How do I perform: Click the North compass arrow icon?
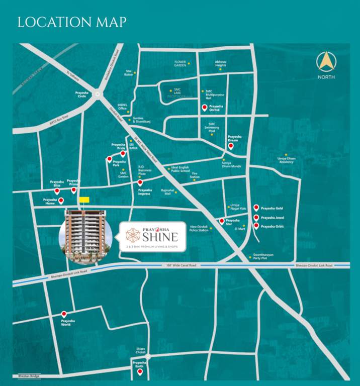pyautogui.click(x=325, y=62)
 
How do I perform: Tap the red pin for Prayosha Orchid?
pyautogui.click(x=204, y=108)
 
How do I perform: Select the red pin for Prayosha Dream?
pyautogui.click(x=231, y=146)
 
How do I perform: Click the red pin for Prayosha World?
pyautogui.click(x=64, y=314)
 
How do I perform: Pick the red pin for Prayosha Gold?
pyautogui.click(x=256, y=208)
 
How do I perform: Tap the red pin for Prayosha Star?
pyautogui.click(x=222, y=221)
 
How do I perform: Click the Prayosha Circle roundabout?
pyautogui.click(x=97, y=93)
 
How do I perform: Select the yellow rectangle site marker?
pyautogui.click(x=84, y=200)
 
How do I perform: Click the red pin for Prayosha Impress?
pyautogui.click(x=140, y=182)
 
